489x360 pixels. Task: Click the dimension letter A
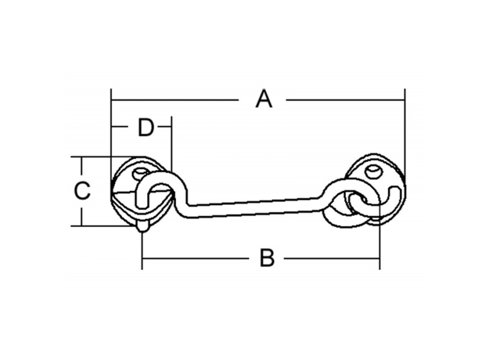pos(264,99)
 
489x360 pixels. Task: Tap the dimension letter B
pos(267,258)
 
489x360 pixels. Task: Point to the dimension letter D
pos(146,128)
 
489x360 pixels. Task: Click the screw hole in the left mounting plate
pos(139,173)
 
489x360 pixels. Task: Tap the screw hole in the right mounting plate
pos(374,171)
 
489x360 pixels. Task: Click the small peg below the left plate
pos(143,227)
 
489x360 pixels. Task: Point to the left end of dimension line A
pos(112,99)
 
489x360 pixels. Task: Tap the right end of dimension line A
pos(405,99)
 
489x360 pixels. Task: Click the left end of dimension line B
pos(143,258)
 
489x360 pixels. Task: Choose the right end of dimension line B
pos(379,258)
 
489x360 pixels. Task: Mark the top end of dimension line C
pos(81,157)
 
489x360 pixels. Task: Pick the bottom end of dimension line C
pos(81,225)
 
